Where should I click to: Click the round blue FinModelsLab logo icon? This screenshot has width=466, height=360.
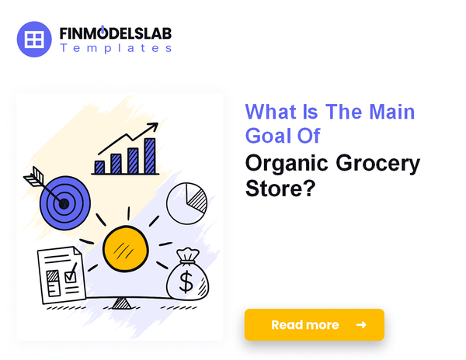pyautogui.click(x=34, y=39)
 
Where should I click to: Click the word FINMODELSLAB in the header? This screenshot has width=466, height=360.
pyautogui.click(x=116, y=33)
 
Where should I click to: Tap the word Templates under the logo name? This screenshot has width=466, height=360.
pyautogui.click(x=116, y=48)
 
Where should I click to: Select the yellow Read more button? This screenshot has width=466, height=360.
pyautogui.click(x=314, y=324)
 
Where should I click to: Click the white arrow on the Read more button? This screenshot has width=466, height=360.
pyautogui.click(x=361, y=325)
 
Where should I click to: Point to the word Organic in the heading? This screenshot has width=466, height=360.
pyautogui.click(x=287, y=164)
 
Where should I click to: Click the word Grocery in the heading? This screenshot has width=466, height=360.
pyautogui.click(x=377, y=164)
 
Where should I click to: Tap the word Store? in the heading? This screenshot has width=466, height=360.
pyautogui.click(x=280, y=188)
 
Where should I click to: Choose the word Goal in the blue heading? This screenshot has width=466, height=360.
pyautogui.click(x=268, y=136)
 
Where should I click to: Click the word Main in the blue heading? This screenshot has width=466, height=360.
pyautogui.click(x=391, y=112)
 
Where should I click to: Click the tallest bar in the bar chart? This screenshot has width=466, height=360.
pyautogui.click(x=150, y=155)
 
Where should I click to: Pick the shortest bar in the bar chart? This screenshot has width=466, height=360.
pyautogui.click(x=99, y=168)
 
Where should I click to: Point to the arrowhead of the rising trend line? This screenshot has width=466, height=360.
pyautogui.click(x=153, y=127)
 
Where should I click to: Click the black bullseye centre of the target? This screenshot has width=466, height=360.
pyautogui.click(x=64, y=203)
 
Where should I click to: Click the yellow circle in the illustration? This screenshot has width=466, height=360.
pyautogui.click(x=125, y=249)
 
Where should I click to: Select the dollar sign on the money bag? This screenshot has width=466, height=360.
pyautogui.click(x=186, y=282)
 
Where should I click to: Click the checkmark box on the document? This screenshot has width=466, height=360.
pyautogui.click(x=71, y=277)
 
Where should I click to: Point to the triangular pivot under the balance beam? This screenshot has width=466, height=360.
pyautogui.click(x=121, y=303)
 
